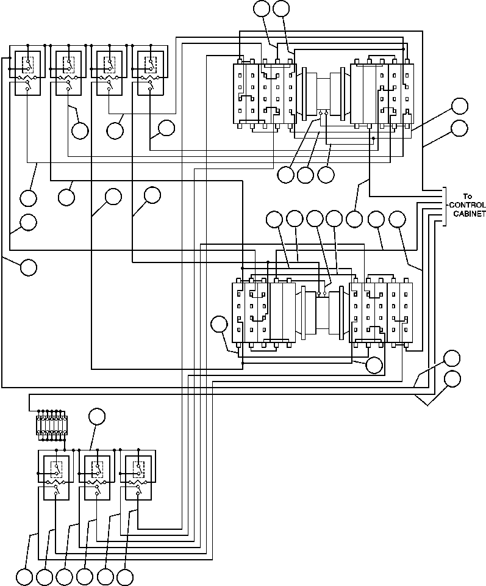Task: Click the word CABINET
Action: coord(469,214)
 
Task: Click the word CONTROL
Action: coord(469,205)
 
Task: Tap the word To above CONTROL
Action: coord(468,197)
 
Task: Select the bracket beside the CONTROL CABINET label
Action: coord(445,206)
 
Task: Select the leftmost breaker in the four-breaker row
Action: coord(27,72)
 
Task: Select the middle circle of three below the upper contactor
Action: coord(306,175)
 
